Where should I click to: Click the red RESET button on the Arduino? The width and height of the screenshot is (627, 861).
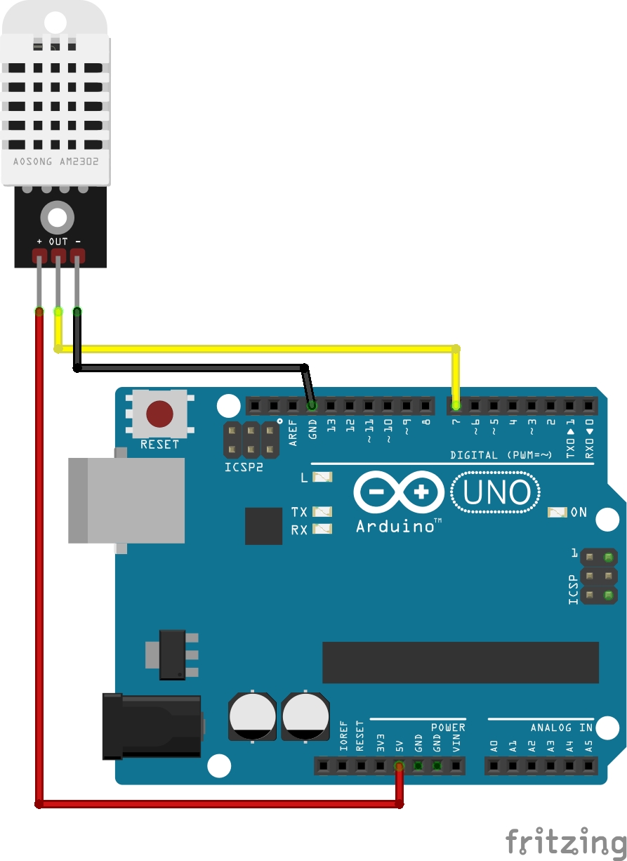tap(159, 414)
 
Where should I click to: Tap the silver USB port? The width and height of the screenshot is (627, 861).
tap(126, 500)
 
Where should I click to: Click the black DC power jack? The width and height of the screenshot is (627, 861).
tap(152, 726)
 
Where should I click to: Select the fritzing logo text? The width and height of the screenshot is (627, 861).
tap(565, 841)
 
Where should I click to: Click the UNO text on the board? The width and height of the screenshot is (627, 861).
tap(496, 493)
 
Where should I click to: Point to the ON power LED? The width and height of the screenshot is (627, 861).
tap(557, 513)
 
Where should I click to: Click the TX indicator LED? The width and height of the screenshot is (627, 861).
tap(322, 512)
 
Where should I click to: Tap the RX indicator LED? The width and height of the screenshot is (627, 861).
tap(322, 529)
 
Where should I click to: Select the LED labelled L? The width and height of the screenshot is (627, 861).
tap(322, 478)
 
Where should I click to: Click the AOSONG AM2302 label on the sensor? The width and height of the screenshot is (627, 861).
tap(55, 162)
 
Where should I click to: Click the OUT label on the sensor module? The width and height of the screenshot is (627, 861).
tap(58, 242)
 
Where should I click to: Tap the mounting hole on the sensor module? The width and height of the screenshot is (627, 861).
tap(57, 217)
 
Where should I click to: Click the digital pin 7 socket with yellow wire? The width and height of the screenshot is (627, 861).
tap(456, 405)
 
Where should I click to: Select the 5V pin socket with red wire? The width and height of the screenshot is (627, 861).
tap(399, 765)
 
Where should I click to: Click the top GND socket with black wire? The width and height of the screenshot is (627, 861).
tap(312, 405)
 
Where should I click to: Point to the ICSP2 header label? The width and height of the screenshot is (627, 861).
tap(243, 466)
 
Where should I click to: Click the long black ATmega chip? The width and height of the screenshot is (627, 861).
tap(460, 662)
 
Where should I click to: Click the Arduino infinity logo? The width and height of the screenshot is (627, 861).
tap(399, 492)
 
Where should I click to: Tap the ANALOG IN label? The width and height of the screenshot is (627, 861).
tap(562, 728)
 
